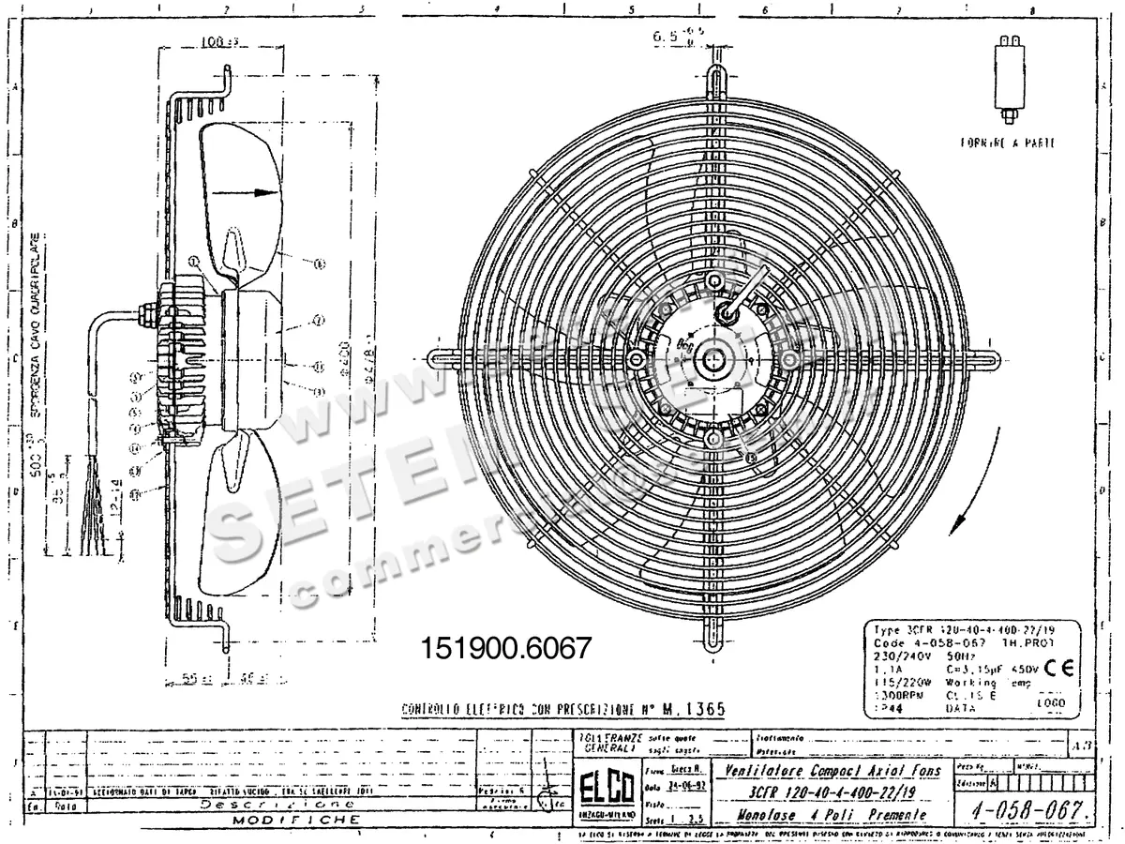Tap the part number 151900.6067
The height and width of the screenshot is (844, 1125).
tap(507, 648)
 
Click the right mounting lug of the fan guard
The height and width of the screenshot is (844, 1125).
tap(984, 358)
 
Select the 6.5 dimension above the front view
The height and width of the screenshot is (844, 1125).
tap(667, 38)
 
